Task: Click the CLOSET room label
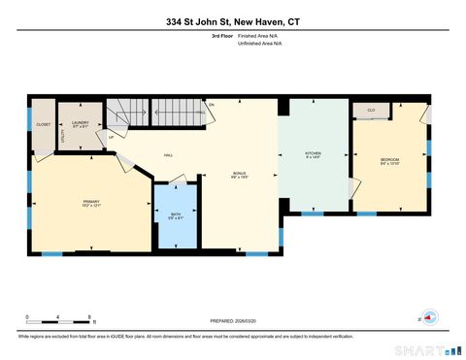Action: [43, 124]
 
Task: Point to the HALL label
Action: [168, 155]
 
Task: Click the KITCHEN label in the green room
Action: [313, 154]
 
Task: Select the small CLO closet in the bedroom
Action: [372, 112]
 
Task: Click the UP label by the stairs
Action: [112, 137]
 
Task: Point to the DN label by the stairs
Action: [211, 104]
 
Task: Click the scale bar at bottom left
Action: [58, 319]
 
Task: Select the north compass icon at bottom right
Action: [427, 317]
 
